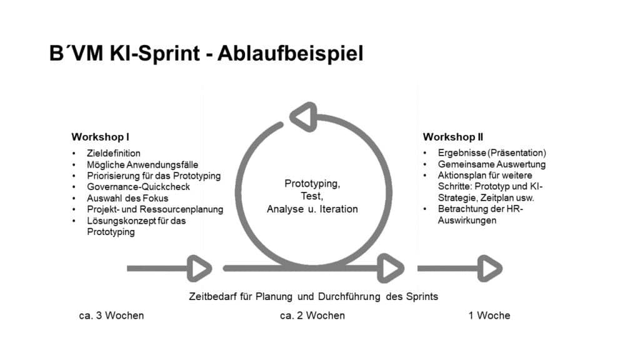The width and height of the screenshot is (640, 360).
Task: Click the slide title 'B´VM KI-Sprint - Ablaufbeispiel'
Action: click(206, 53)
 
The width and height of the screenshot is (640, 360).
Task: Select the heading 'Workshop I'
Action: click(100, 137)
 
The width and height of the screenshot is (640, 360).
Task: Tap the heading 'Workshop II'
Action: click(453, 137)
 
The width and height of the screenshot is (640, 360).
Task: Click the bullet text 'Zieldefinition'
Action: click(114, 153)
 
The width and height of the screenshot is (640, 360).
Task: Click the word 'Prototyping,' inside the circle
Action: click(312, 184)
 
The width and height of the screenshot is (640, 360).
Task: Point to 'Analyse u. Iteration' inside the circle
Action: click(312, 209)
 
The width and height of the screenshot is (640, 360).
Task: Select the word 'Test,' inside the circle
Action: click(312, 196)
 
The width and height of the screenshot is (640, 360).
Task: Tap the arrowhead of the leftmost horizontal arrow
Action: click(200, 269)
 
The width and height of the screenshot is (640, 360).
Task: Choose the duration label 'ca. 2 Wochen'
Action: click(312, 316)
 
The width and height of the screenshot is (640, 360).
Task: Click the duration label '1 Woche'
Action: click(489, 316)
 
